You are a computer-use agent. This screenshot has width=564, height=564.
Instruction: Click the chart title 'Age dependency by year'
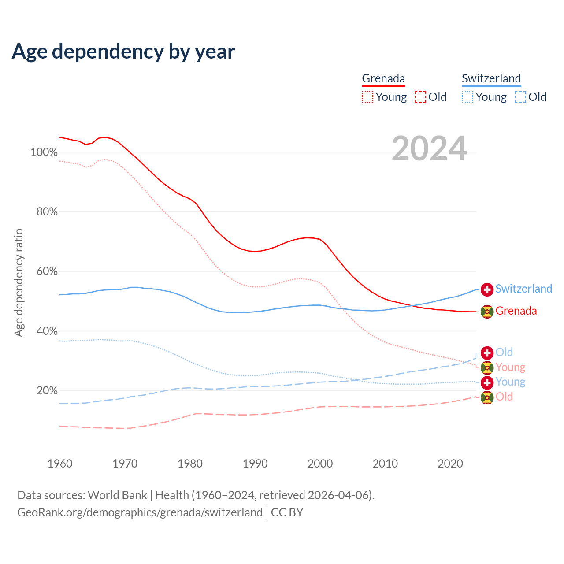[123, 52]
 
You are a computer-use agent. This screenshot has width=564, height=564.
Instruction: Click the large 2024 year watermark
[429, 149]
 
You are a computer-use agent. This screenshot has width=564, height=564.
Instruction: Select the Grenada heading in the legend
[383, 78]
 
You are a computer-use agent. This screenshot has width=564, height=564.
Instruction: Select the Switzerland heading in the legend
[491, 78]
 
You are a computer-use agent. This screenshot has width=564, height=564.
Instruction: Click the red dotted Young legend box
[367, 97]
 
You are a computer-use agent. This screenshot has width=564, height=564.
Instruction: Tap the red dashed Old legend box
[420, 97]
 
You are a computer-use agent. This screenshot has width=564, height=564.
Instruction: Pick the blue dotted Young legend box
[468, 97]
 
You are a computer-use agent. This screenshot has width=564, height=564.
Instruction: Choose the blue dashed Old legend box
[520, 97]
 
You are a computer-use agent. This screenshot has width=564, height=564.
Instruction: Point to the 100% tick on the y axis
[44, 152]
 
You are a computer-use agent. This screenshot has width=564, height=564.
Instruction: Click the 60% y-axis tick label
[47, 271]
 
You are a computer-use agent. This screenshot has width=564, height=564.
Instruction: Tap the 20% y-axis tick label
[47, 391]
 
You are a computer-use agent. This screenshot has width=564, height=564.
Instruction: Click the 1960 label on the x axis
[60, 464]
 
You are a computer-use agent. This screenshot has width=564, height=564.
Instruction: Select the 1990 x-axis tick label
[255, 464]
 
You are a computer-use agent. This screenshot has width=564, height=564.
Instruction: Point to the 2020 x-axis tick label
[450, 464]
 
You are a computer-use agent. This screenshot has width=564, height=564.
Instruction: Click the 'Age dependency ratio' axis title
[19, 282]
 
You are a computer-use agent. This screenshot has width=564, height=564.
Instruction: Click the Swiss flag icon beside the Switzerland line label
[487, 289]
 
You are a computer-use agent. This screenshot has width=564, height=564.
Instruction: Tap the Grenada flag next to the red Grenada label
[487, 312]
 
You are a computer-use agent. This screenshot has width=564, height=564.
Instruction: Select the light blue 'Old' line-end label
[504, 352]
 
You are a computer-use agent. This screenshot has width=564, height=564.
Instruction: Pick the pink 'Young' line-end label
[510, 367]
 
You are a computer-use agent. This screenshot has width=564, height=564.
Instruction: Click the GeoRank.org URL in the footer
[140, 512]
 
